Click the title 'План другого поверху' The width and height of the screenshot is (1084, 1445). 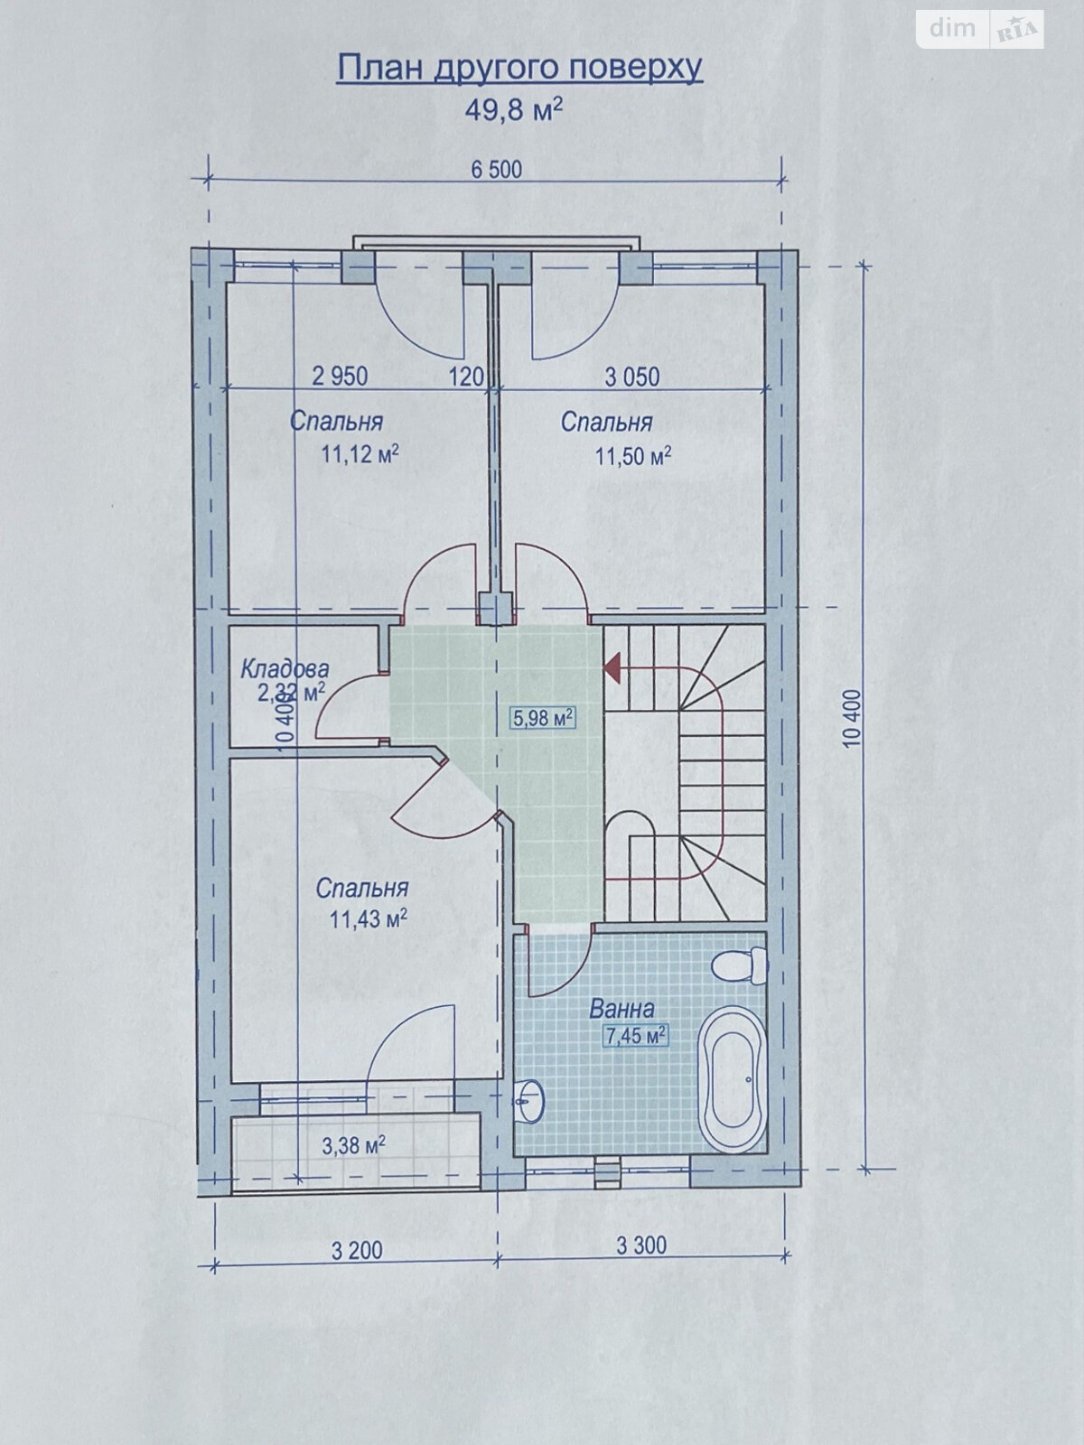click(x=520, y=70)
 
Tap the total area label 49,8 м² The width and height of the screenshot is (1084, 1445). click(x=514, y=109)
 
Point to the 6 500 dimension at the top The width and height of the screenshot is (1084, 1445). click(x=497, y=169)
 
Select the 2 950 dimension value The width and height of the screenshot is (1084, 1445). click(x=341, y=377)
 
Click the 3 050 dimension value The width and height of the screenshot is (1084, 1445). click(x=632, y=377)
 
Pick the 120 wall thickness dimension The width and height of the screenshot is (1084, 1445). click(x=467, y=377)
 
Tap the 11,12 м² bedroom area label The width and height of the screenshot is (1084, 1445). click(x=360, y=453)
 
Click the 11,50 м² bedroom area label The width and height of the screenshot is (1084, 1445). click(x=633, y=455)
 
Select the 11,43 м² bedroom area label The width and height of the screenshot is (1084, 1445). click(x=368, y=918)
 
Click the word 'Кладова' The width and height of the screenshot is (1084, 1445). click(x=285, y=669)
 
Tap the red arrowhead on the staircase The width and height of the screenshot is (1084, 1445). click(x=612, y=667)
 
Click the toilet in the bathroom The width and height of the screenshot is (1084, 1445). click(x=741, y=965)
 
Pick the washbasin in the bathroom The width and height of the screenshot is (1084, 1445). click(x=530, y=1101)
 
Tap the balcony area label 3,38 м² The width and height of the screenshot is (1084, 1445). click(x=353, y=1145)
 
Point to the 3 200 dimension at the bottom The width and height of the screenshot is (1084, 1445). click(x=357, y=1250)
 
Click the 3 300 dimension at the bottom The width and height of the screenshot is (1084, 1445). click(x=641, y=1245)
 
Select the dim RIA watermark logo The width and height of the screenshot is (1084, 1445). click(x=980, y=29)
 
